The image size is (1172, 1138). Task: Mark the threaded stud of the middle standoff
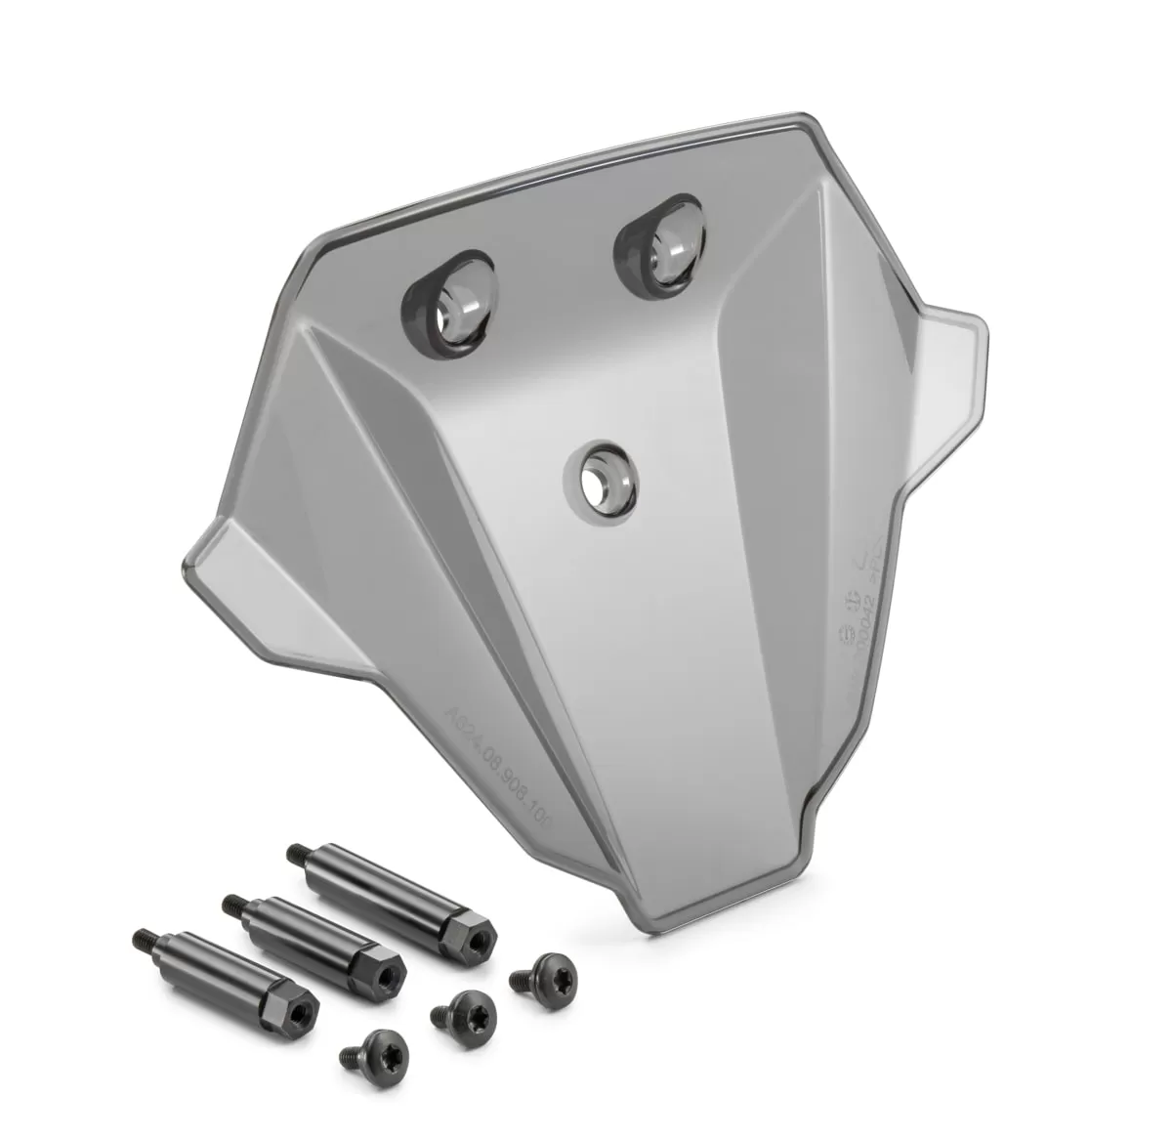tap(234, 903)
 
